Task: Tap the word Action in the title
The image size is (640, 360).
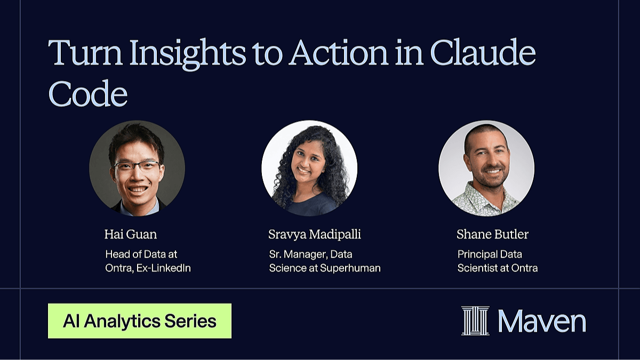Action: click(x=338, y=53)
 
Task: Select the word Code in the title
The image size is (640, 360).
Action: click(x=87, y=93)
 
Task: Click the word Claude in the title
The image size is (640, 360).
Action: click(x=483, y=52)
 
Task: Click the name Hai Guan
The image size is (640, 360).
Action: click(x=131, y=234)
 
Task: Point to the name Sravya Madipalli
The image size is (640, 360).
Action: click(x=315, y=234)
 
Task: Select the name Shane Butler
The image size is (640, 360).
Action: click(x=492, y=234)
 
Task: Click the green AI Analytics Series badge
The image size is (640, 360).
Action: click(x=140, y=321)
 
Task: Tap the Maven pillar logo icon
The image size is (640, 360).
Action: click(x=475, y=321)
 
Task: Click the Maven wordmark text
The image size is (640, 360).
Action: click(x=542, y=322)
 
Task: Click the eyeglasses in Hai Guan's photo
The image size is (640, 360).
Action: click(x=137, y=165)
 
